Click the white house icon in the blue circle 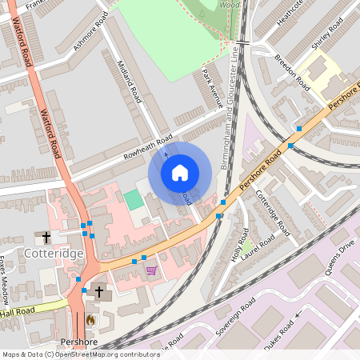(180, 172)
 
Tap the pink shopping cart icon (151, 270)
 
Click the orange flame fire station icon (90, 319)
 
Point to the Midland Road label (129, 80)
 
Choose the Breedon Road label (291, 70)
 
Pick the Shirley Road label (326, 33)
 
